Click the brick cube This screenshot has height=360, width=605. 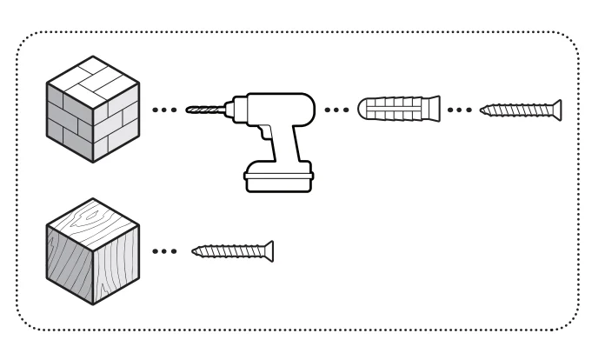(93, 113)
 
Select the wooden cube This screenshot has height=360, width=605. (93, 252)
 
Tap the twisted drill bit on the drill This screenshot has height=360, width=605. (205, 111)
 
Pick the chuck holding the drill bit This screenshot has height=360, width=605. (232, 111)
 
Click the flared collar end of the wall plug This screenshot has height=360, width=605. (362, 110)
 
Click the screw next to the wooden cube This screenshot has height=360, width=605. (232, 250)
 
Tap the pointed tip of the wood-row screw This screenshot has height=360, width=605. (194, 250)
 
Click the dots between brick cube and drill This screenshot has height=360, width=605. (165, 111)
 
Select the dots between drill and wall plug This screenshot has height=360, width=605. (337, 110)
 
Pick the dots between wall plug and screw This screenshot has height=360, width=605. (460, 110)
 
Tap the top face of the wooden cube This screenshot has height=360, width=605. (94, 220)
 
